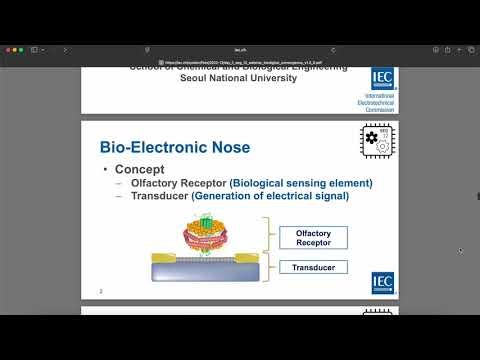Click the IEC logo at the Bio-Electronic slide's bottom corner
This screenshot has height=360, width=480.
click(383, 283)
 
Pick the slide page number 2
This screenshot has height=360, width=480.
click(101, 291)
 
